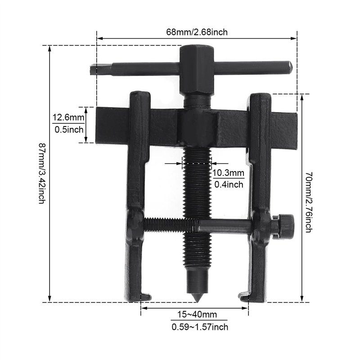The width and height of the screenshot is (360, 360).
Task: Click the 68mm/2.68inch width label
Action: click(x=197, y=31)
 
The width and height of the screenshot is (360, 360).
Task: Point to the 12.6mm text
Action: click(x=68, y=118)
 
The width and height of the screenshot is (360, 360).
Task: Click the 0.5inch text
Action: click(x=68, y=130)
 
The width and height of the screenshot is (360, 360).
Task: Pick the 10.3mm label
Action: click(x=228, y=173)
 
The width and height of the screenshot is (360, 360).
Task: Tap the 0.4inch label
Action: click(x=228, y=184)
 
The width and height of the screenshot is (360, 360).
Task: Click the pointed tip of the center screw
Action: click(x=197, y=298)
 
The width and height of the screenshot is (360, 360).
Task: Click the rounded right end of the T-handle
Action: click(x=289, y=67)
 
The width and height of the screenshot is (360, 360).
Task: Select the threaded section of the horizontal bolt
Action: click(x=169, y=225)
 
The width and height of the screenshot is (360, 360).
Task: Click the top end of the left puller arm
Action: click(x=140, y=97)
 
